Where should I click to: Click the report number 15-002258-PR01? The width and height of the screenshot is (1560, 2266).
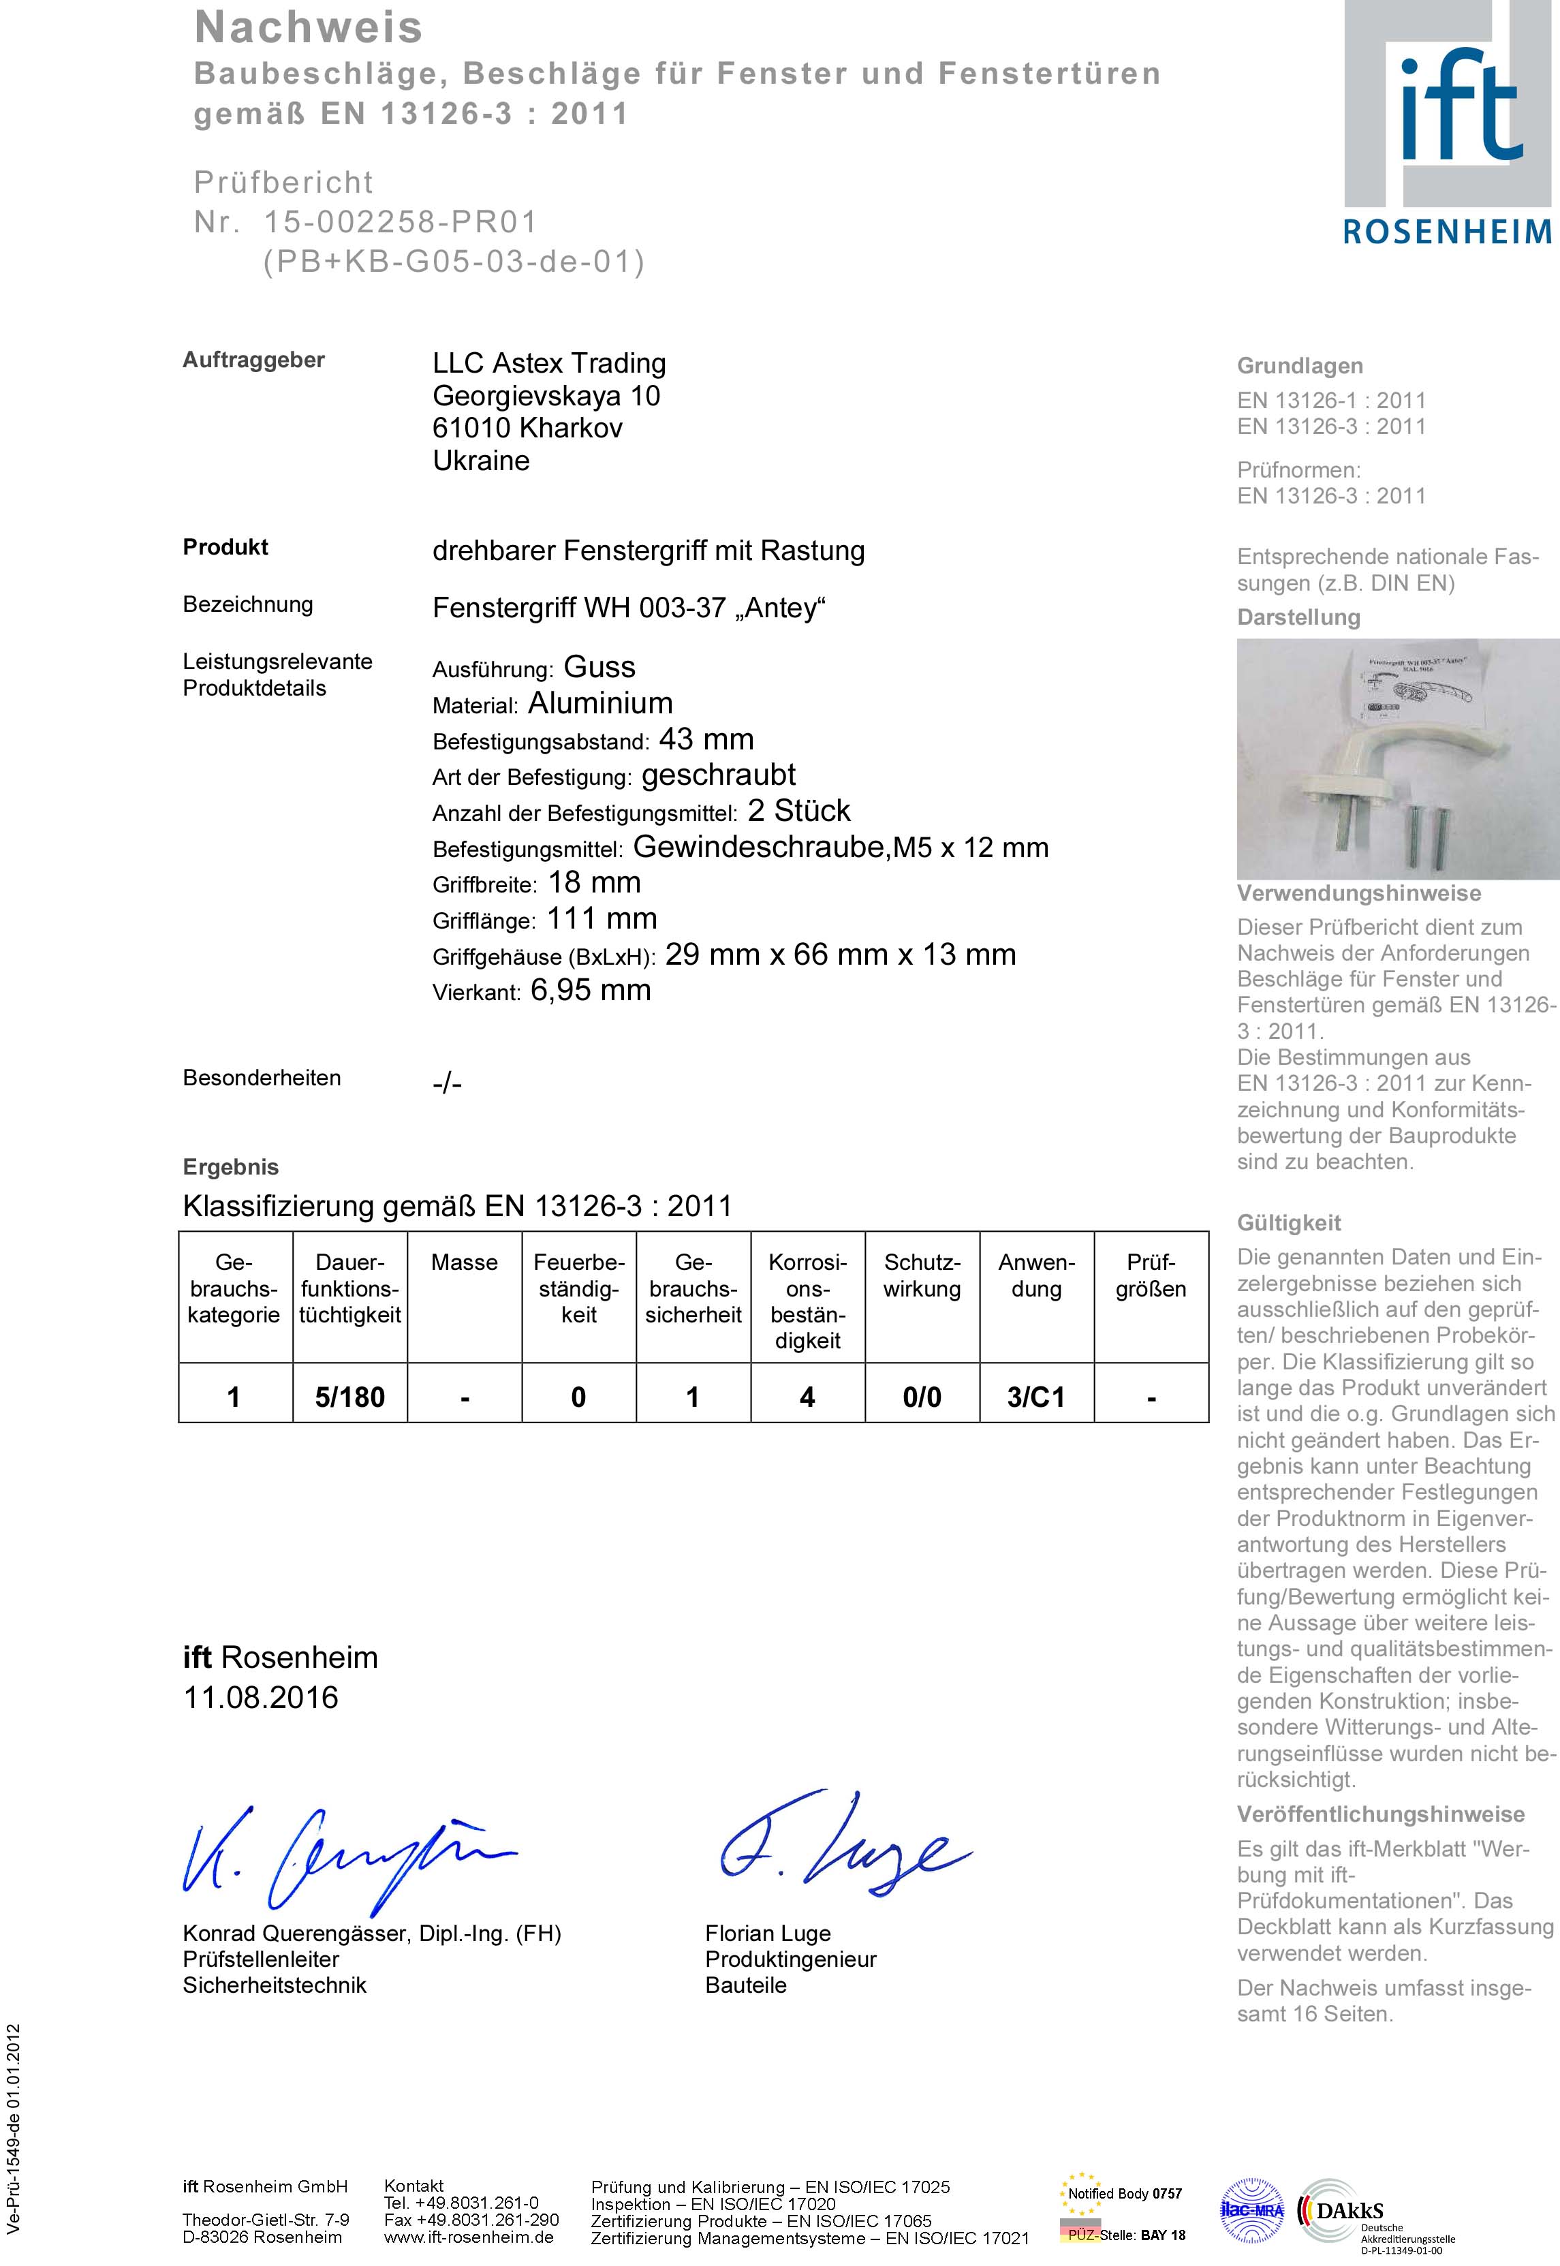click(x=401, y=222)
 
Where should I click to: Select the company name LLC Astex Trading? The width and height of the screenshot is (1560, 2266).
click(x=549, y=364)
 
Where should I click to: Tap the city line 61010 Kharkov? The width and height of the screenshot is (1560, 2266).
click(x=528, y=428)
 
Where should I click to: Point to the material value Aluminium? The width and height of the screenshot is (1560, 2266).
click(x=600, y=703)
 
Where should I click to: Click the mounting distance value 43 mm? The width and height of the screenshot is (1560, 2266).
click(x=706, y=739)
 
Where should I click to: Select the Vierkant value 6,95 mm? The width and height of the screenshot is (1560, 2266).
click(x=591, y=991)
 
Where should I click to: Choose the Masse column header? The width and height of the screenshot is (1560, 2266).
click(x=465, y=1263)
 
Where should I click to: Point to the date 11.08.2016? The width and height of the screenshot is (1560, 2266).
click(x=261, y=1697)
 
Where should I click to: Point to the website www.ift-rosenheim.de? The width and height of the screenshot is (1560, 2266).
click(x=469, y=2237)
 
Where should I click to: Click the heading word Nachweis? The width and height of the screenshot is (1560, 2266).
click(x=309, y=27)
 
